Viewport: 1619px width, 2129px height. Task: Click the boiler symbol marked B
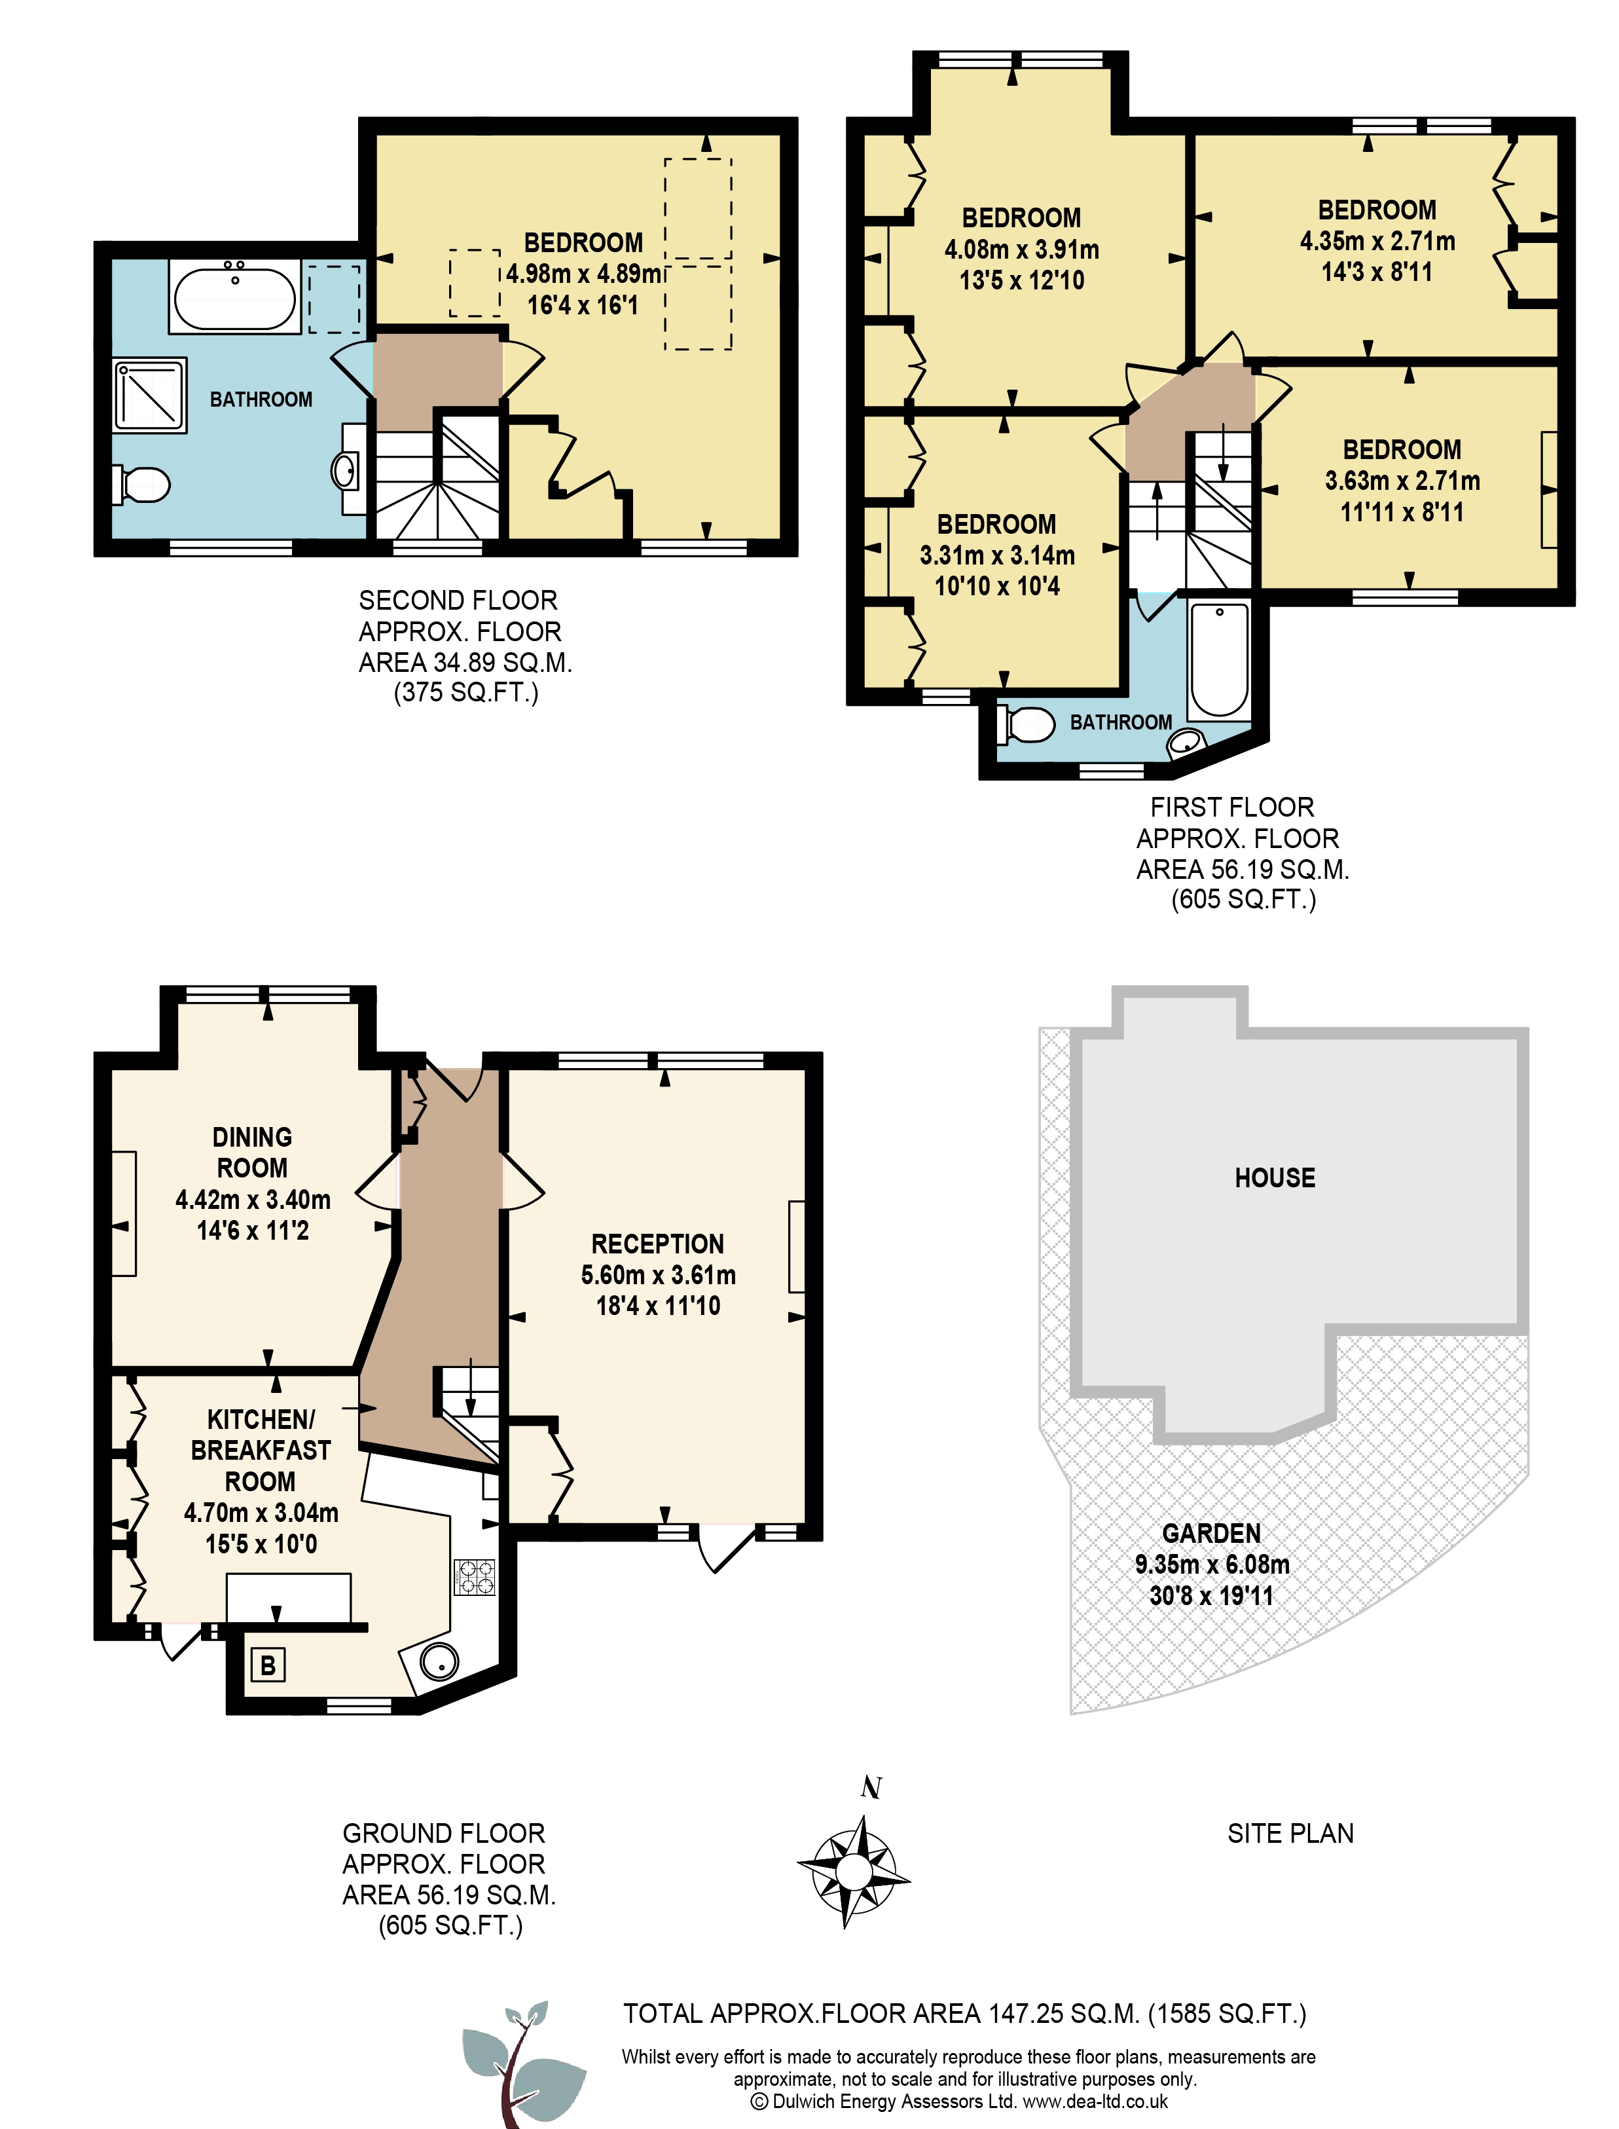coord(268,1665)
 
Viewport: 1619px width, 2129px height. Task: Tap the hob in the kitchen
coord(474,1577)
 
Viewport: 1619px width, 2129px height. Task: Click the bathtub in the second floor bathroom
coord(234,297)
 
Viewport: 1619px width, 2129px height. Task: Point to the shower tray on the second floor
coord(149,395)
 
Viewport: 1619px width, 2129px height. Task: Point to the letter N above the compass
coord(871,1788)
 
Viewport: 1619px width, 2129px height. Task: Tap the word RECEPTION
coord(657,1244)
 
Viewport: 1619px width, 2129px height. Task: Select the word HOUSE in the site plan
coord(1275,1177)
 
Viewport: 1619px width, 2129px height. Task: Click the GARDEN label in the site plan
coord(1211,1533)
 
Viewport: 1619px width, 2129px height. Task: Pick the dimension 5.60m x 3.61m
coord(658,1275)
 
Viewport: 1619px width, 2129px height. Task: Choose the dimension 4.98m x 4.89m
coord(584,274)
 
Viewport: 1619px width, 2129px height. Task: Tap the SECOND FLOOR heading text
coord(459,601)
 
